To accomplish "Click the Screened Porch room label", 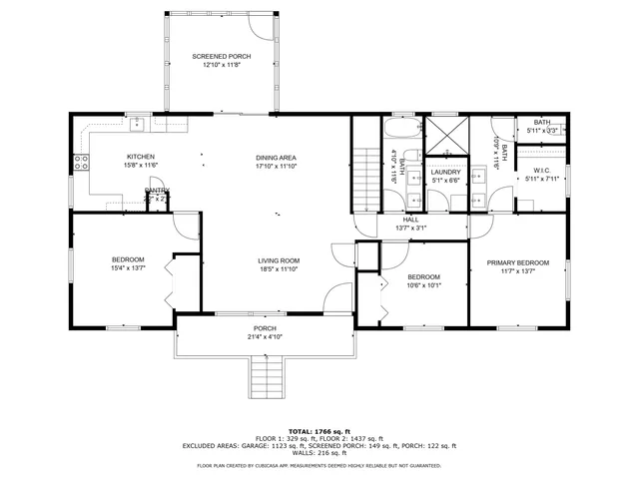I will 222,57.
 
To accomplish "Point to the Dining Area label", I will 277,158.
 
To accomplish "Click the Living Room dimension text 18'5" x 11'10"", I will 279,269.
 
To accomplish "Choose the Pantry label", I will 157,190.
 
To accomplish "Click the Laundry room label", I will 445,172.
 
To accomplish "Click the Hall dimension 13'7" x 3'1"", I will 411,229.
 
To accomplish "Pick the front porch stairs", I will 265,376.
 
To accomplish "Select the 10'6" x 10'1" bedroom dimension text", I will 423,284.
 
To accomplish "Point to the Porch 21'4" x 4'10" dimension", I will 265,337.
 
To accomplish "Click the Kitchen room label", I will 140,157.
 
